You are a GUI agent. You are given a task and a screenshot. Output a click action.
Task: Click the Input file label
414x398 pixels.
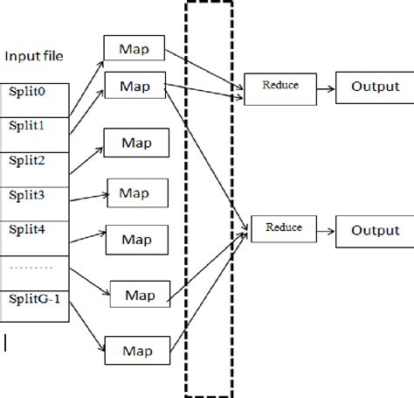point(34,57)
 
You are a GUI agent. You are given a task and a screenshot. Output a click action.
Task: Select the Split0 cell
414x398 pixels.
point(34,90)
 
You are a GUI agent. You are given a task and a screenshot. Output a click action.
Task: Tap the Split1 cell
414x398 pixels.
point(34,126)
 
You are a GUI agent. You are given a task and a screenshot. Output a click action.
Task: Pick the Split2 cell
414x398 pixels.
point(34,161)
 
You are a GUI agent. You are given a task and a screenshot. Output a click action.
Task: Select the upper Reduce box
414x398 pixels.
point(280,87)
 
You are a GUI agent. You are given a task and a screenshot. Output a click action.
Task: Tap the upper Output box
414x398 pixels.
point(374,87)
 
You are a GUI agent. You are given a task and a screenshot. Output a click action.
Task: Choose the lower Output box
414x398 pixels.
point(374,231)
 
